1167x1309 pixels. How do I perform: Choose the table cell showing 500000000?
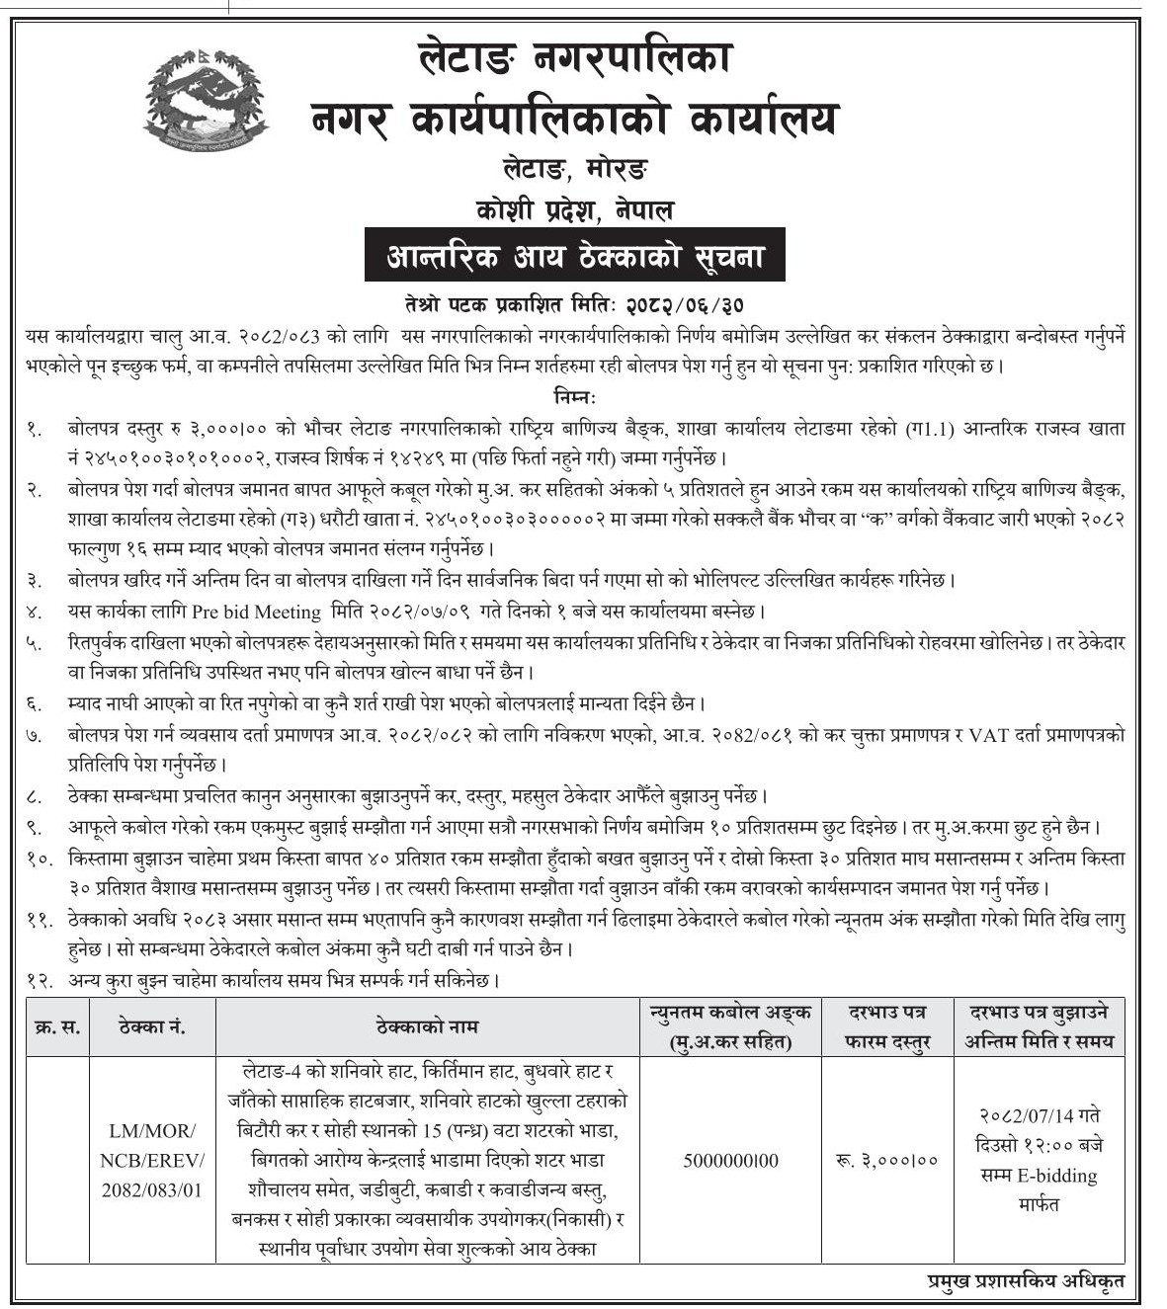731,1161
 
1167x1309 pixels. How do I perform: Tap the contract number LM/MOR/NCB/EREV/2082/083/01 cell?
152,1160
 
